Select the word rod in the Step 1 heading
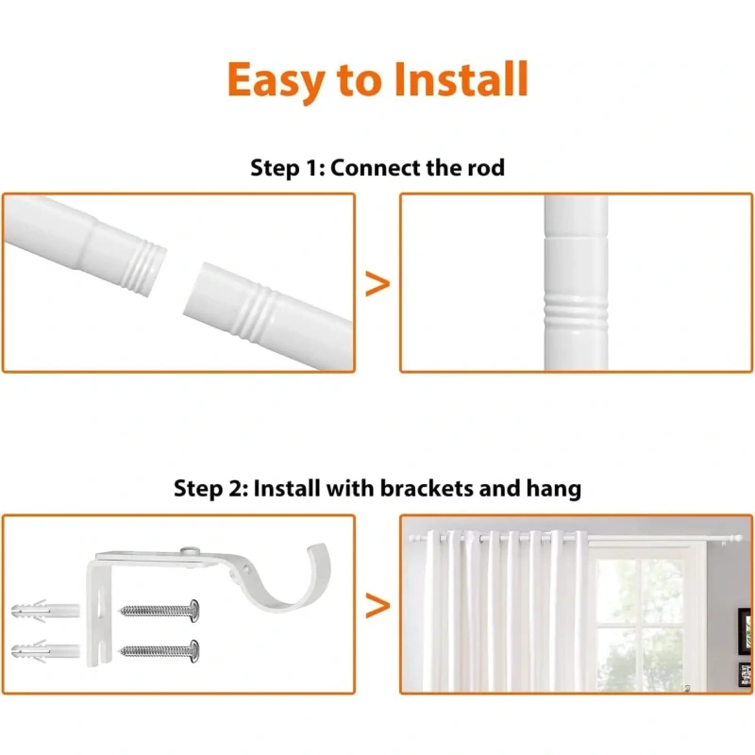coord(486,168)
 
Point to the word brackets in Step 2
coord(427,488)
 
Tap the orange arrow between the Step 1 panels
coord(377,284)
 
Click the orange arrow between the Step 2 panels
coord(377,605)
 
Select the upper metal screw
coord(159,611)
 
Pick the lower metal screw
coord(159,651)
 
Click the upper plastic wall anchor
coord(45,611)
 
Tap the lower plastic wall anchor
coord(45,651)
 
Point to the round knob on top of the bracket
coord(191,551)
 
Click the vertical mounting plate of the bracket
coord(99,612)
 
